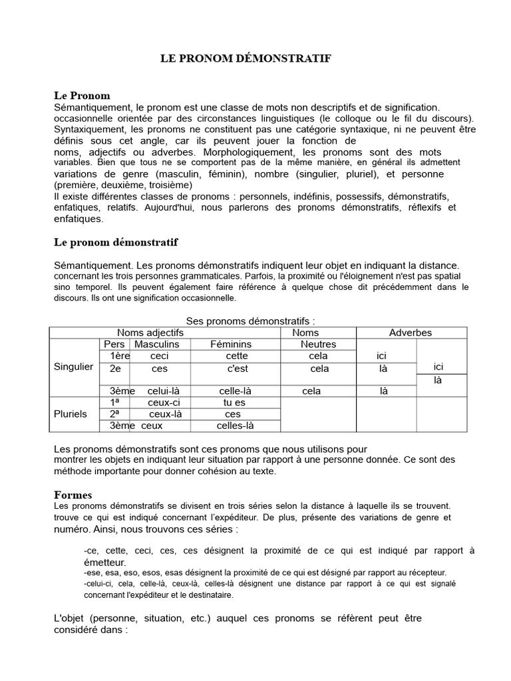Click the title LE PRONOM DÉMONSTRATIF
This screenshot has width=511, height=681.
pyautogui.click(x=246, y=59)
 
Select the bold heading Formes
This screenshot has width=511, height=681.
pyautogui.click(x=73, y=495)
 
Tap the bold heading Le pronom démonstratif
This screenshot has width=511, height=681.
pyautogui.click(x=115, y=241)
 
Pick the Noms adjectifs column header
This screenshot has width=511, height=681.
pyautogui.click(x=150, y=333)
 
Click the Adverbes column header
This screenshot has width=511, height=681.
pyautogui.click(x=411, y=333)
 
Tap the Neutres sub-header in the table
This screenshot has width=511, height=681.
pyautogui.click(x=318, y=344)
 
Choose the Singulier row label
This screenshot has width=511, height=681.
pyautogui.click(x=73, y=367)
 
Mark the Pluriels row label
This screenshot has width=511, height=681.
pyautogui.click(x=71, y=414)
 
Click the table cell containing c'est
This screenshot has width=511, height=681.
pyautogui.click(x=237, y=368)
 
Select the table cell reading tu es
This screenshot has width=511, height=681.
pyautogui.click(x=234, y=402)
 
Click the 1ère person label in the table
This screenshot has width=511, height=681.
pyautogui.click(x=119, y=356)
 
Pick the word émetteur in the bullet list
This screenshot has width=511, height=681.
pyautogui.click(x=105, y=563)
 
